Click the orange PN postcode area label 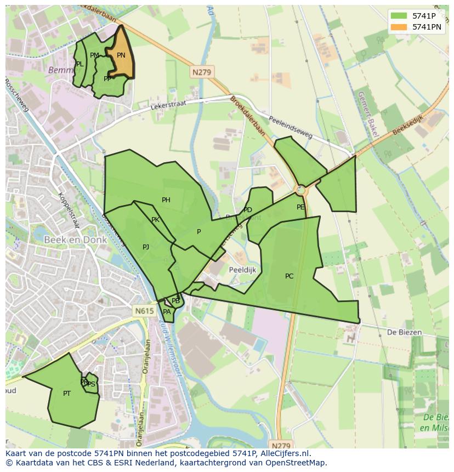[x=121, y=55]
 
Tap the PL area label [x=80, y=64]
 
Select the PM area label [x=95, y=55]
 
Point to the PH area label [x=166, y=200]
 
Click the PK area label [x=155, y=220]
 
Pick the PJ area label [x=146, y=247]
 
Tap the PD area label [x=248, y=210]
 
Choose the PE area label [x=300, y=207]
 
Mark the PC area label [x=290, y=276]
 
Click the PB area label [x=175, y=301]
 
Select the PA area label [x=167, y=312]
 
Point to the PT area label [x=67, y=394]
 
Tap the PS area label [x=92, y=384]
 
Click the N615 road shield [x=144, y=311]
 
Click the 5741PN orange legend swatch [x=399, y=27]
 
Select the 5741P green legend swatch [x=399, y=16]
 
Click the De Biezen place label [x=404, y=332]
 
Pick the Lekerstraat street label [x=168, y=104]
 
